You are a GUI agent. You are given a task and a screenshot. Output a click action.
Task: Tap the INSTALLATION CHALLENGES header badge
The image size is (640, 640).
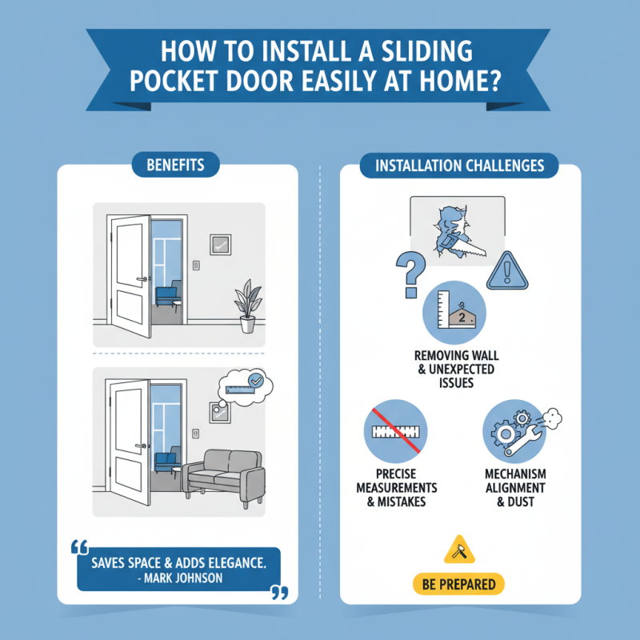460,166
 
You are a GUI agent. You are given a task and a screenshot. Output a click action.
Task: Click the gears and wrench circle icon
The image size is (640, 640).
512,428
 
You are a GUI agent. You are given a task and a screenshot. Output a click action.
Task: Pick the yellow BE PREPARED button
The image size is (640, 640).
458,584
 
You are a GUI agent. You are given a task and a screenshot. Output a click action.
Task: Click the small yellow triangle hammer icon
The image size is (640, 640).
458,550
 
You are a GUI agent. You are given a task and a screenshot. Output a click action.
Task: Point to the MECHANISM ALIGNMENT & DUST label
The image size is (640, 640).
514,487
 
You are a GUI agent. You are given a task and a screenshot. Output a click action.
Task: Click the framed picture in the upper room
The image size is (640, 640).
220,243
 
